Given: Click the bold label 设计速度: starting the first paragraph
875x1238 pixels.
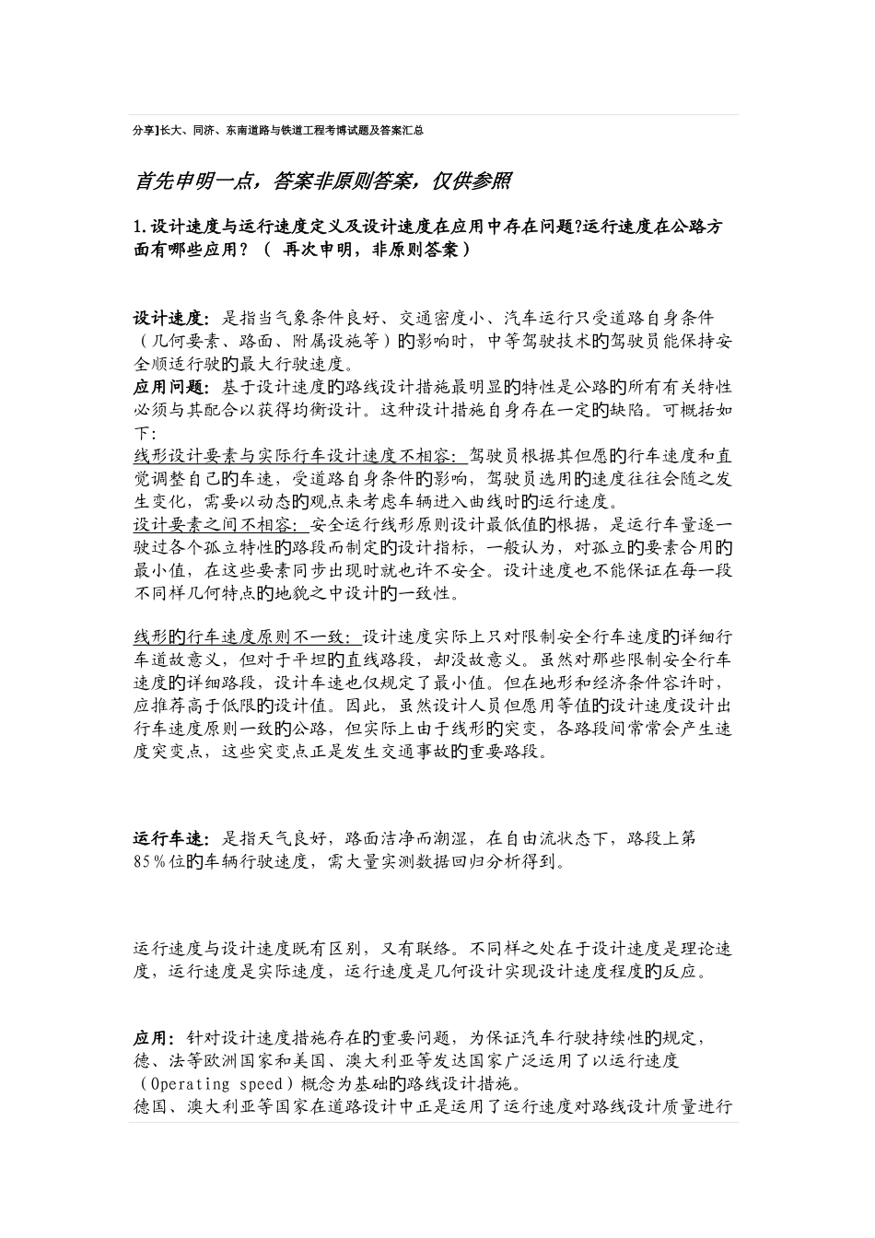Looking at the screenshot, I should point(171,318).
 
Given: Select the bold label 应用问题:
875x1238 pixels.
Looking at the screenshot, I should point(171,385).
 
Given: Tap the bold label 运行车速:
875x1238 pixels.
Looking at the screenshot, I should point(171,839).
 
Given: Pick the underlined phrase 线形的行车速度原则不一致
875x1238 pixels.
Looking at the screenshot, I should point(242,637).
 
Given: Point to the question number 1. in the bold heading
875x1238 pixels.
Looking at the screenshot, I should point(140,227).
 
